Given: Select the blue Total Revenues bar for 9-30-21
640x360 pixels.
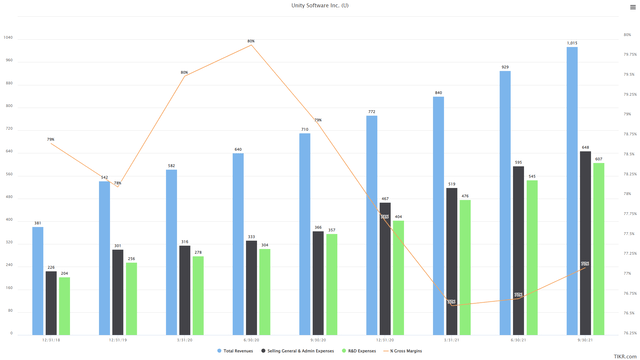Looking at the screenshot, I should pos(572,190).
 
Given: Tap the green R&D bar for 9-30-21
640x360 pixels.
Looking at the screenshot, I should pos(598,248).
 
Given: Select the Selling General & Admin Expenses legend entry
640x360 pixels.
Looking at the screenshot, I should pos(299,351).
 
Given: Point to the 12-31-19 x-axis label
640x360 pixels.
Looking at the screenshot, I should pos(117,339).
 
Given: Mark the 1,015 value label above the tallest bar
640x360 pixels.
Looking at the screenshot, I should pos(572,43).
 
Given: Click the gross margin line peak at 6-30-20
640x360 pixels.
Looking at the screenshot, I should pos(251,45).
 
